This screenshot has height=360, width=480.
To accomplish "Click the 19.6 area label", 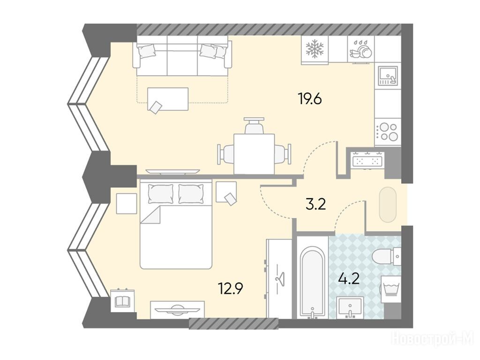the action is point(310,99).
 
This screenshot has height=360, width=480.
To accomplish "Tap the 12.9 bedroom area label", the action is point(231,288).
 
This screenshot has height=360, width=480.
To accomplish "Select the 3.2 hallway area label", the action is point(315,204).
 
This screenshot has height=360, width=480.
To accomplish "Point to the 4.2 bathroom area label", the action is point(349,279).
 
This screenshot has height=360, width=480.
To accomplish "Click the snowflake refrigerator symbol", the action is point(315,49).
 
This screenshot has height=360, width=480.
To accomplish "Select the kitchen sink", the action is point(388,76).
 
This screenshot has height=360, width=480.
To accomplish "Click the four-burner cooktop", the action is point(387,132).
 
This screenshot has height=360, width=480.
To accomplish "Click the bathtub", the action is point(312,282).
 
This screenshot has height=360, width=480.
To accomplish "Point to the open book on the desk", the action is point(122,301).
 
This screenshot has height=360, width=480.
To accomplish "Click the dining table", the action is point(254,154).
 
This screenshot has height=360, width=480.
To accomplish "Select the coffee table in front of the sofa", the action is point(168,98).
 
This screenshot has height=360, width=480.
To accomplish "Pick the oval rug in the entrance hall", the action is point(388,204).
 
